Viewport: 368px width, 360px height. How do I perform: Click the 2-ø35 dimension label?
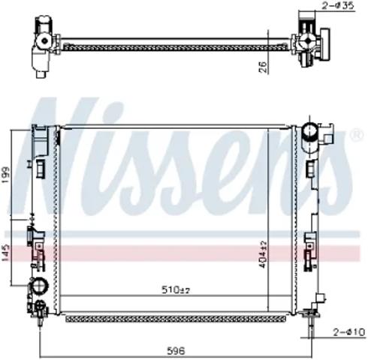tap(338, 5)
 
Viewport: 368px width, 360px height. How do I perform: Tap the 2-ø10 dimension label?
tap(348, 332)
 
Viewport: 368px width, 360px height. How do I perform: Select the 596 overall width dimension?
tap(176, 351)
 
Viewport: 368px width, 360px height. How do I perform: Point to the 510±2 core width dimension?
tap(176, 289)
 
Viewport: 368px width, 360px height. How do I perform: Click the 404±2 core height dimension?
tap(263, 254)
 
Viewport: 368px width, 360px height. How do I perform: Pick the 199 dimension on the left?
tap(5, 175)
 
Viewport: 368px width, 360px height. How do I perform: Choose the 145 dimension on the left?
tap(5, 253)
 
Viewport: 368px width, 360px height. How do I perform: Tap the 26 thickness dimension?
tap(263, 67)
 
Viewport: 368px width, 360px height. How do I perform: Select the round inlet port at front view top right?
tap(310, 131)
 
